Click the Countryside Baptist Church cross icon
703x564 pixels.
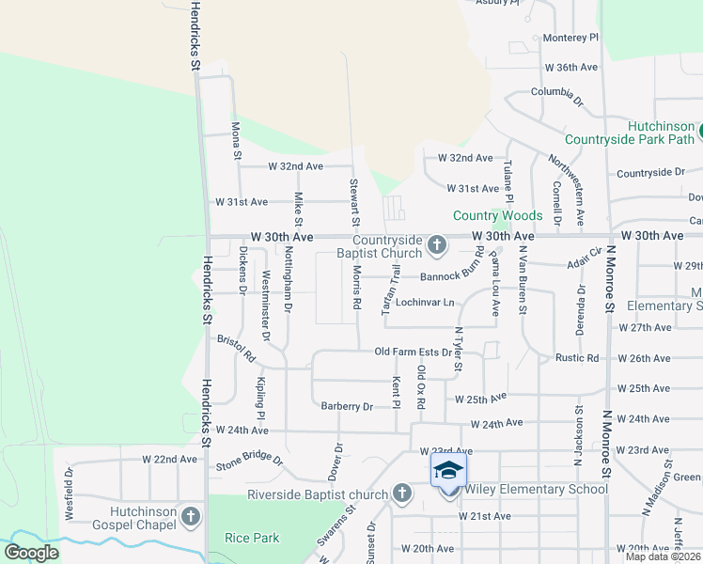coord(436,246)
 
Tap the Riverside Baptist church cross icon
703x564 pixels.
coord(402,493)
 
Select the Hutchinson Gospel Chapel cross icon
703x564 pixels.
coord(191,516)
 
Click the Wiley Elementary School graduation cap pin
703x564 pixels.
coord(449,471)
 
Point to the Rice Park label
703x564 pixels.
coord(252,538)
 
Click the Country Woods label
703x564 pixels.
coord(497,215)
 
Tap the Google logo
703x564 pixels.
coord(30,553)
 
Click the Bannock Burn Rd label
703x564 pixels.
coord(451,277)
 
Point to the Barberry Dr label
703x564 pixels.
coord(347,406)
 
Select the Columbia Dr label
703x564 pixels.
coord(556,92)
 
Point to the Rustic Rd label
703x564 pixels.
coord(577,358)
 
